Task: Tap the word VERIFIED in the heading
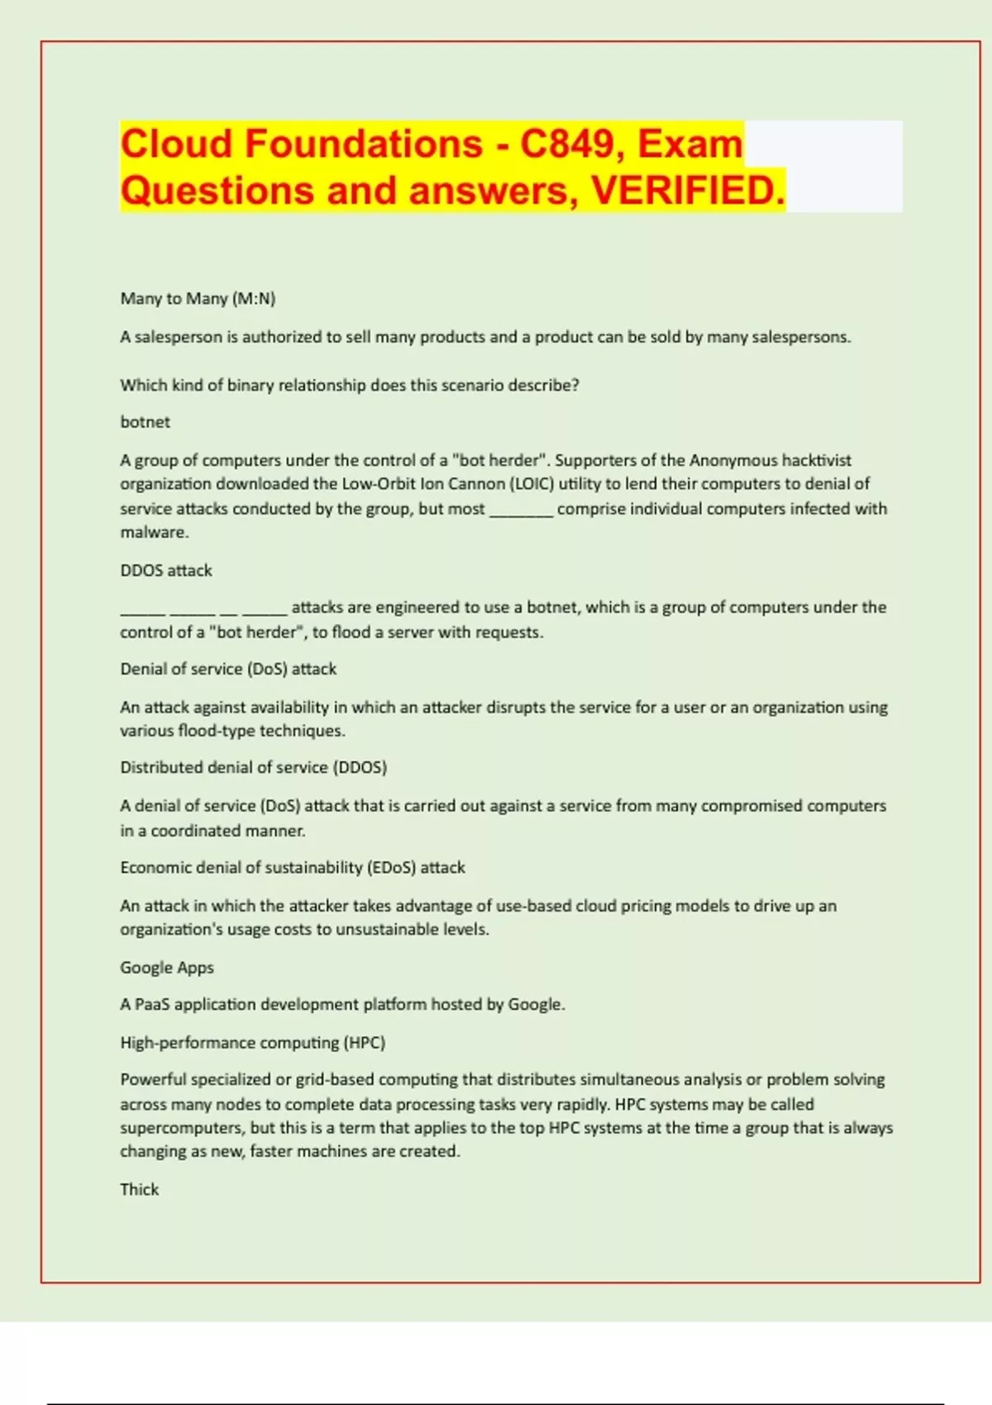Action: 688,191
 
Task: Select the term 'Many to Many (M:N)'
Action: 198,298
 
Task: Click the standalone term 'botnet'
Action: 145,421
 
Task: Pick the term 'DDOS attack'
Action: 166,570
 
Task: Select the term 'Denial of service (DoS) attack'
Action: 228,669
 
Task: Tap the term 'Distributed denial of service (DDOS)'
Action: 253,767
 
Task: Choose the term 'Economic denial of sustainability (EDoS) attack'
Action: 293,867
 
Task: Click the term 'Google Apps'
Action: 167,967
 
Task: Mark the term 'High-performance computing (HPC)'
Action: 252,1042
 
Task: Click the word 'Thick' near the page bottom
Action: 139,1189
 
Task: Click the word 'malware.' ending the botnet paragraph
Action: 155,532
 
